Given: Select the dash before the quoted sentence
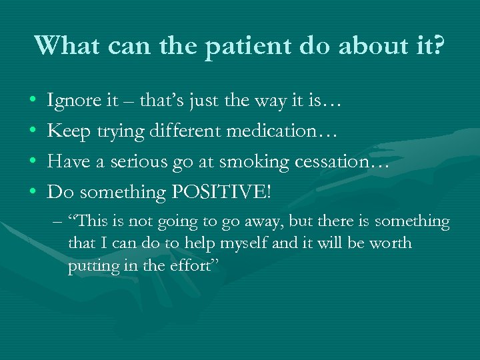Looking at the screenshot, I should [57, 221].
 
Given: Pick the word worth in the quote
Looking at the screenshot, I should [393, 243].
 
